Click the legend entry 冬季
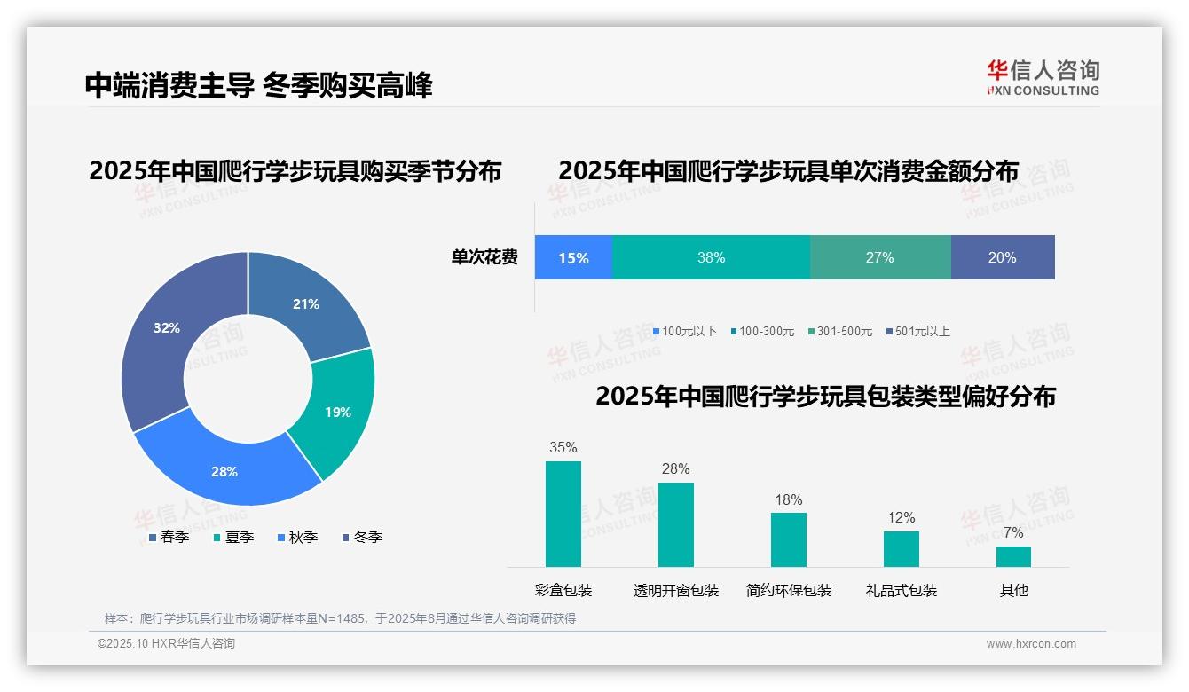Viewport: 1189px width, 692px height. (x=362, y=537)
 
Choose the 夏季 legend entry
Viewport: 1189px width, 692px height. (x=234, y=537)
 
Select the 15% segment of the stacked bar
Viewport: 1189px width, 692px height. (x=573, y=258)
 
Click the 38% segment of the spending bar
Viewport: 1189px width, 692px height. (x=711, y=258)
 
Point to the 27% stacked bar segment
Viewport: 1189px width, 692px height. (x=879, y=258)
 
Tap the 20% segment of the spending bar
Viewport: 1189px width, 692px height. (x=1002, y=258)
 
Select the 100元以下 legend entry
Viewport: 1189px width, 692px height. (x=684, y=331)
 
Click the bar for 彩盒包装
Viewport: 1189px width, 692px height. (x=563, y=514)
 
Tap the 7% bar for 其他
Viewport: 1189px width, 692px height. (x=1013, y=556)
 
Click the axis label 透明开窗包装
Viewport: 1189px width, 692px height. (x=676, y=590)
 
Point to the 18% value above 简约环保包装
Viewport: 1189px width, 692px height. (x=788, y=500)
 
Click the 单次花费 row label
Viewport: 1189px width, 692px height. (x=484, y=258)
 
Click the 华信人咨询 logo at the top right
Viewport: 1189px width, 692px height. (x=1043, y=77)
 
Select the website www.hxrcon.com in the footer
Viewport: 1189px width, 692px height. (x=1031, y=644)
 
